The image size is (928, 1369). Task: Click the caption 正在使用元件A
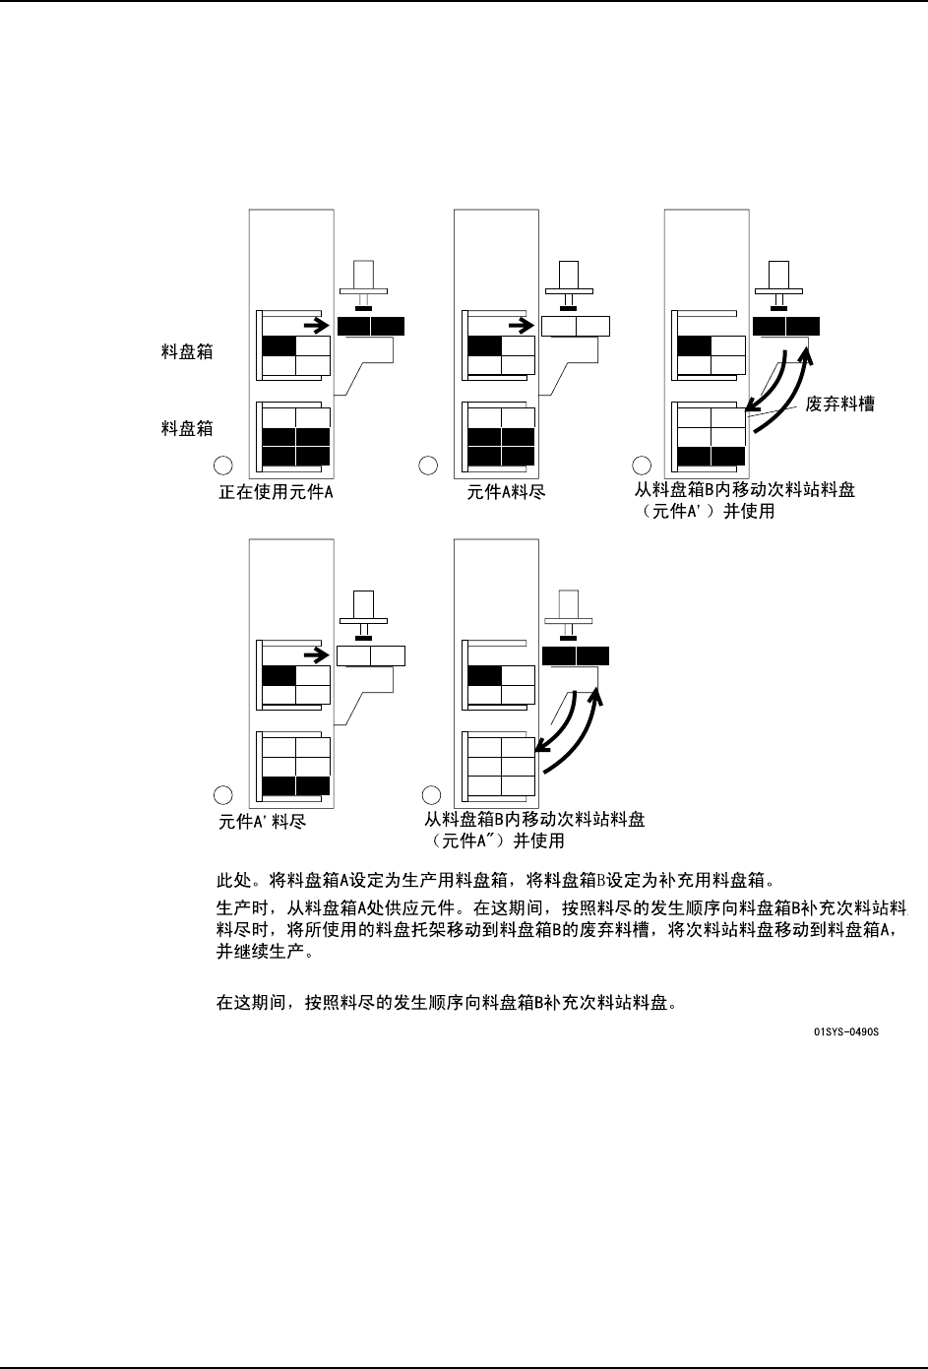pos(276,492)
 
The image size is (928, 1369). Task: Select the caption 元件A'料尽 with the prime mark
pos(262,821)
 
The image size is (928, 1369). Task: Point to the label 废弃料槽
pos(839,404)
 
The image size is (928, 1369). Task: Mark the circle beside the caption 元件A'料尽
pos(223,794)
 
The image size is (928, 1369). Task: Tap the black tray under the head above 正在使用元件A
pos(371,326)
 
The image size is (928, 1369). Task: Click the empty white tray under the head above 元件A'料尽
pos(371,655)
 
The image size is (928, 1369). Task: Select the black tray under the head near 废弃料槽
pos(785,326)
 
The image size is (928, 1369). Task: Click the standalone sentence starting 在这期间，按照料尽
pos(445,1003)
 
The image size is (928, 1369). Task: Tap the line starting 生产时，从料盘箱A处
pos(561,905)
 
